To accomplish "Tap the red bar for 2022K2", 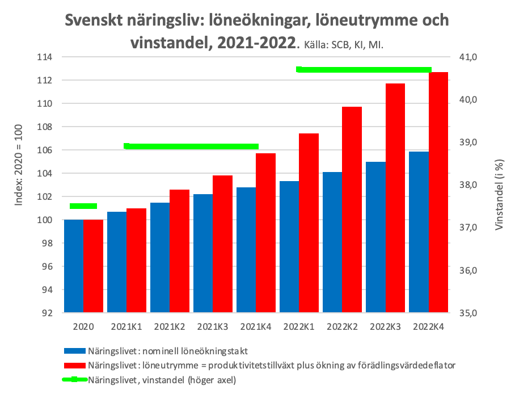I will tap(352, 209).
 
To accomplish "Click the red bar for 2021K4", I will tap(266, 233).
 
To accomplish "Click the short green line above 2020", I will tap(83, 206).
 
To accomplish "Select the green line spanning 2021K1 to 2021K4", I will tap(191, 146).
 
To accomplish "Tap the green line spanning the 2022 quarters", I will tap(364, 70).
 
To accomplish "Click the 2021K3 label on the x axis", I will tap(213, 327).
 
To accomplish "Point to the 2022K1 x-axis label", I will tap(299, 327).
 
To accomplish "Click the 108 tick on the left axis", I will tap(44, 127).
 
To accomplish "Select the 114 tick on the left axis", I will tap(44, 57).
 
